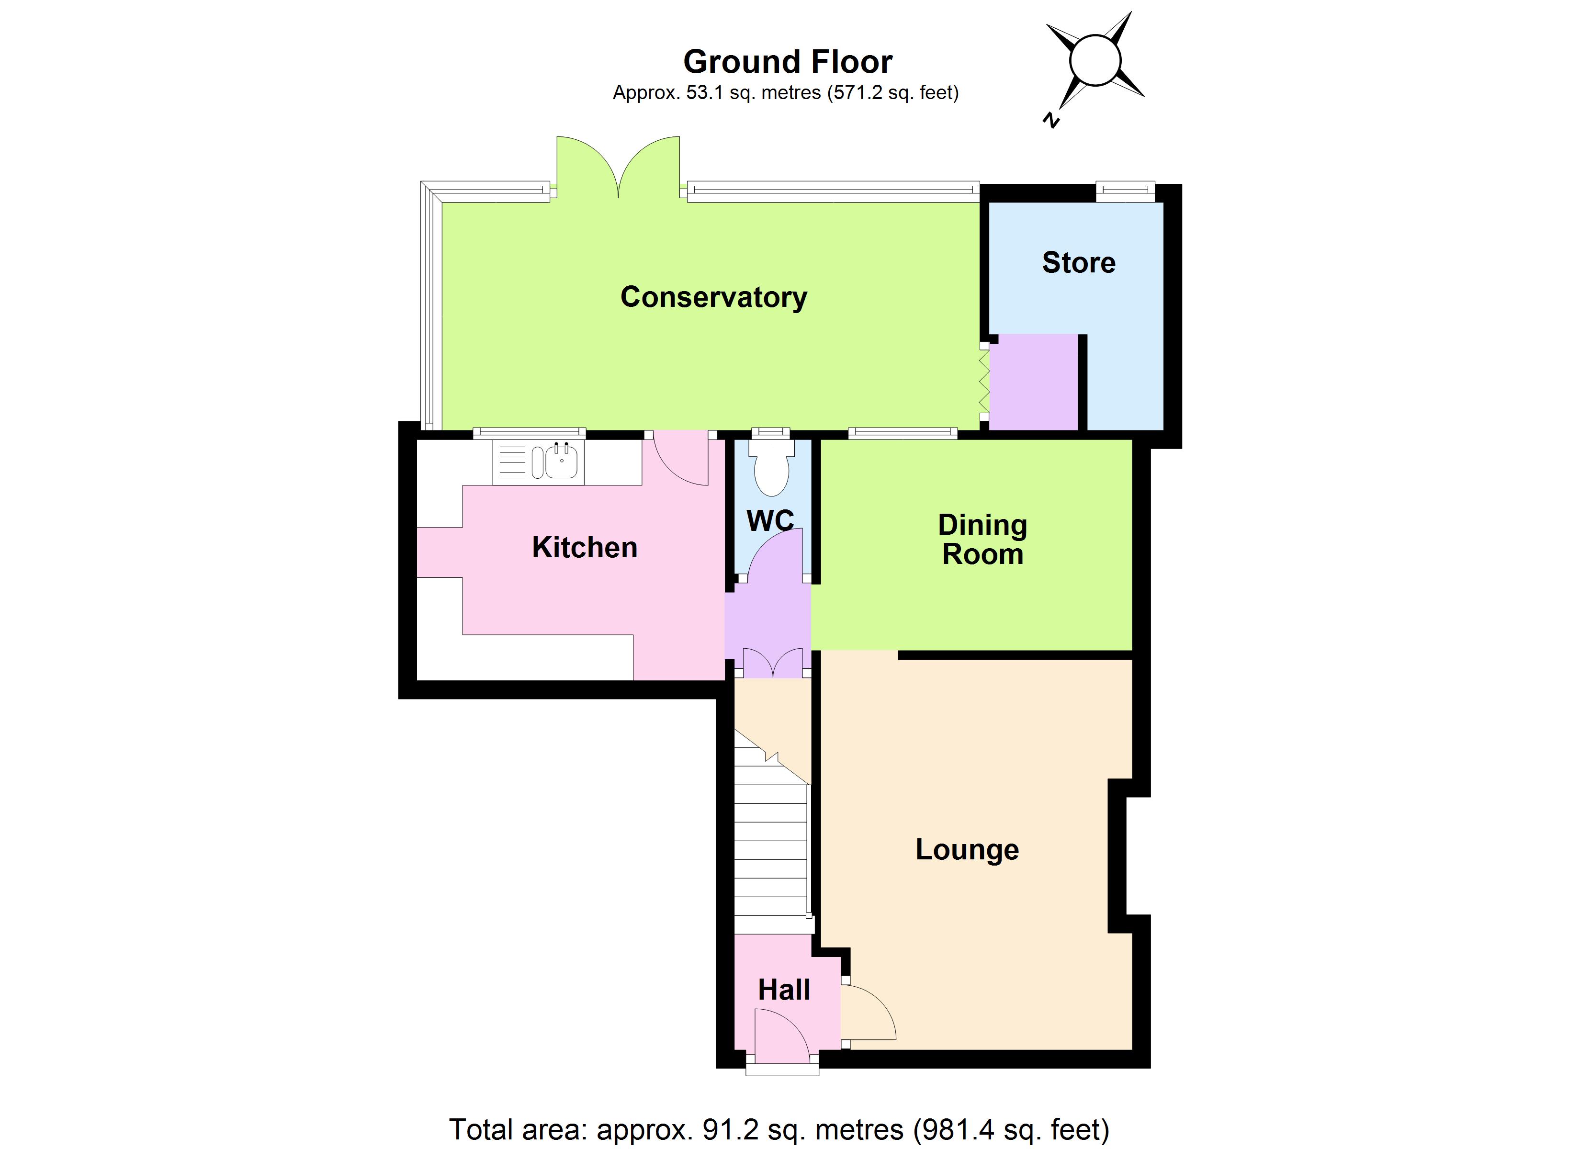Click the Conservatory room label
pyautogui.click(x=713, y=297)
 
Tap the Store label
pyautogui.click(x=1078, y=263)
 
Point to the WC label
pyautogui.click(x=770, y=520)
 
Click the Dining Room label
pyautogui.click(x=982, y=540)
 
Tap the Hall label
pyautogui.click(x=784, y=990)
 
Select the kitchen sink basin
pyautogui.click(x=561, y=461)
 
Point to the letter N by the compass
pyautogui.click(x=1050, y=121)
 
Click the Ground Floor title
pyautogui.click(x=787, y=62)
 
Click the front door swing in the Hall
pyautogui.click(x=780, y=1038)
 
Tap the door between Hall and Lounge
pyautogui.click(x=868, y=1014)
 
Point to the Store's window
pyautogui.click(x=1125, y=191)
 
